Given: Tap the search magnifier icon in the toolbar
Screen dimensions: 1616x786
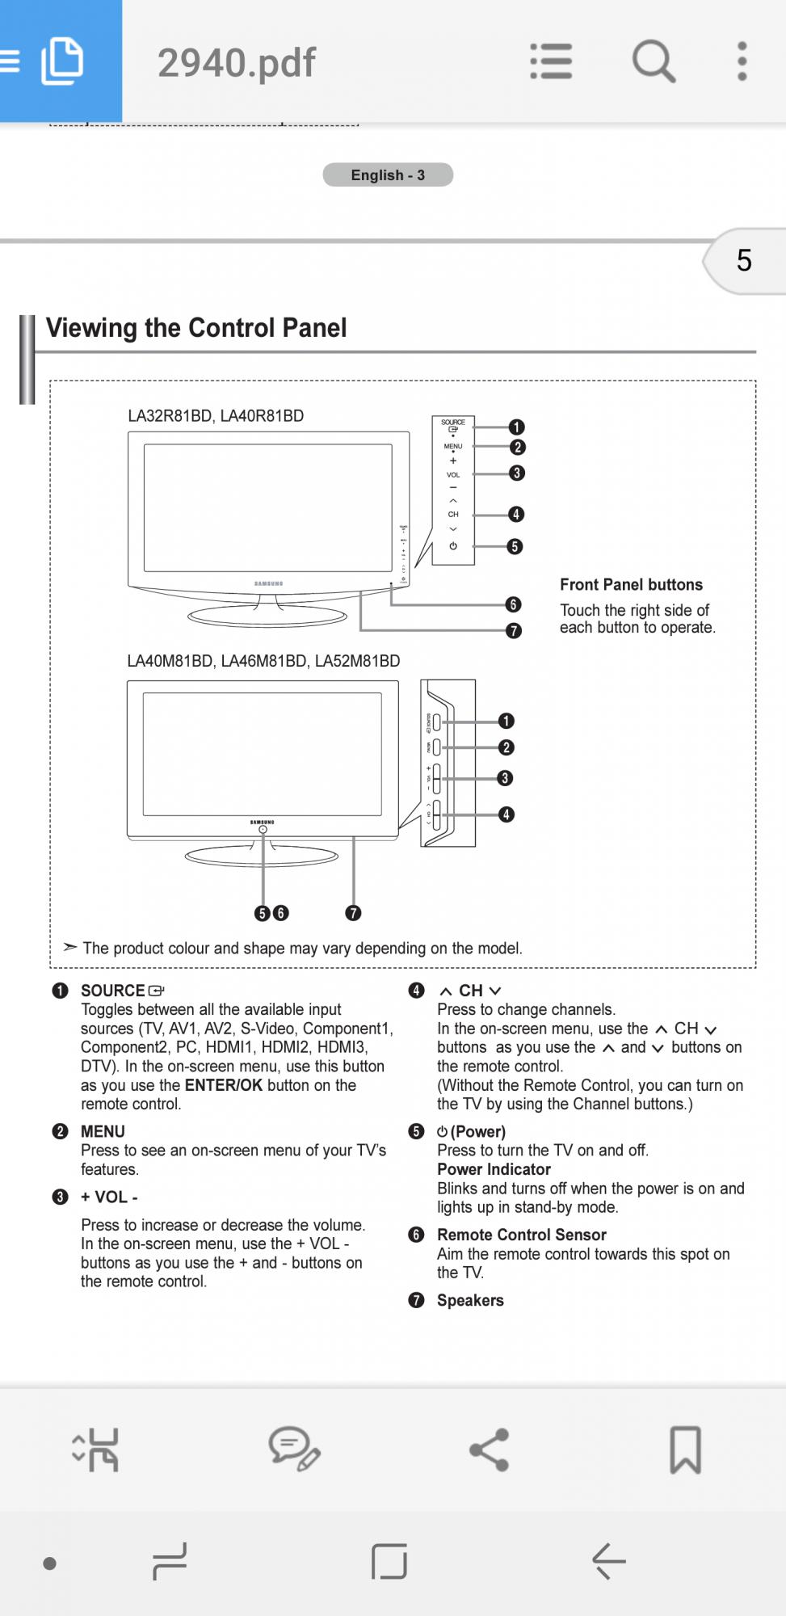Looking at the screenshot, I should (653, 61).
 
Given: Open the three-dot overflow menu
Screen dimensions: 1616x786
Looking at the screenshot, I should (742, 61).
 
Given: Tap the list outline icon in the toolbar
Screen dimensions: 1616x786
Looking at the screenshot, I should (551, 61).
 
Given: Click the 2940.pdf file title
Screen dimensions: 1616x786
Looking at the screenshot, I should (236, 62).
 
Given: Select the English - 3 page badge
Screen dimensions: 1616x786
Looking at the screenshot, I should (388, 175).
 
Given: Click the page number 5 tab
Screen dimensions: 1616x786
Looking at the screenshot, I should (743, 260).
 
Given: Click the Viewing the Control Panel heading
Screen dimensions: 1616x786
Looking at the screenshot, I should (196, 327).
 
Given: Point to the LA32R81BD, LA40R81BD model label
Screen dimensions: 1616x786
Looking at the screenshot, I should (216, 416).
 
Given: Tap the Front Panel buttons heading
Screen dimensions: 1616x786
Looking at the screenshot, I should (631, 584).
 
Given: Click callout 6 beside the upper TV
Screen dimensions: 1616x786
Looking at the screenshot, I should (513, 604).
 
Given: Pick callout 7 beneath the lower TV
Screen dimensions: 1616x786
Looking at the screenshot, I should (353, 913).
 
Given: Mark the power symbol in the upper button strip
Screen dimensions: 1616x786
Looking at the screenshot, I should (453, 546).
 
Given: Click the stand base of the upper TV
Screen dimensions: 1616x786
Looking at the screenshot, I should (267, 617).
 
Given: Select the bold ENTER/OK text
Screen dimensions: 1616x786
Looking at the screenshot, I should (224, 1085).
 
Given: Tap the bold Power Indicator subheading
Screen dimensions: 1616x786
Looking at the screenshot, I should (494, 1169).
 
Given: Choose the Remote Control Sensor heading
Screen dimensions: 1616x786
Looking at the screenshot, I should (521, 1235).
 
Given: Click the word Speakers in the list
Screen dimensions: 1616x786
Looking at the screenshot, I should (470, 1300).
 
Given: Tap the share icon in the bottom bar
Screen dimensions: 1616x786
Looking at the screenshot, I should (490, 1449).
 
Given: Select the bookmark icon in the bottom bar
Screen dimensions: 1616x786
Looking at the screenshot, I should (685, 1449).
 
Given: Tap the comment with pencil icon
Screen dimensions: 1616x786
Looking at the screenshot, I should (294, 1449).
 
